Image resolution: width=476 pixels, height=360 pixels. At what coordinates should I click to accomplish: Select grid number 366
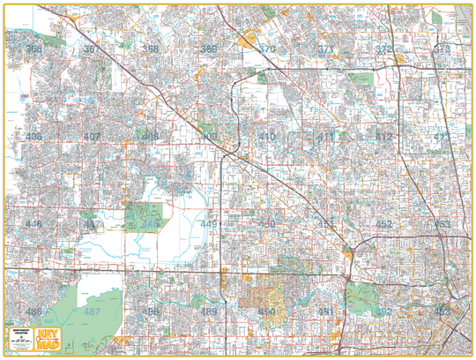tap(33, 49)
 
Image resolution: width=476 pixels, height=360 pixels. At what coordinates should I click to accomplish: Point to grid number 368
tap(151, 49)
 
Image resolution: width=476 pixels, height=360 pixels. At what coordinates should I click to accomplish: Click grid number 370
tap(267, 49)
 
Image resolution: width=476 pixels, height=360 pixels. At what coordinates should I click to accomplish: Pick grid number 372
tap(383, 49)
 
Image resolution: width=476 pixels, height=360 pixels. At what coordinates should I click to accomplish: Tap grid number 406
tap(33, 137)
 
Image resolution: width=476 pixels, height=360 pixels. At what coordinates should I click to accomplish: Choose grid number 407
tap(92, 137)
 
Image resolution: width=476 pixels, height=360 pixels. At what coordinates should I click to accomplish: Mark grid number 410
tap(267, 137)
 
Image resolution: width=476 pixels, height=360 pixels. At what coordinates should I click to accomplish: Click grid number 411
tap(326, 137)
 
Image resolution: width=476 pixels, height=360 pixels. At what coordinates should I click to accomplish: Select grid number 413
tap(442, 137)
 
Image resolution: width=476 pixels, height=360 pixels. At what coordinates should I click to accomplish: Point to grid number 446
tap(33, 224)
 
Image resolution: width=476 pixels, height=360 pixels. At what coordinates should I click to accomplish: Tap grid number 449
tap(209, 224)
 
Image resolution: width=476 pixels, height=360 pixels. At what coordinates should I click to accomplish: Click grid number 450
tap(267, 224)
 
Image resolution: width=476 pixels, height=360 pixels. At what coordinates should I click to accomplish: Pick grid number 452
tap(383, 224)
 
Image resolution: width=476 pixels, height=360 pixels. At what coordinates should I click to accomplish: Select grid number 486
tap(33, 311)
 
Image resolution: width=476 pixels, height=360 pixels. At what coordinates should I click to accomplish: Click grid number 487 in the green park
tap(92, 311)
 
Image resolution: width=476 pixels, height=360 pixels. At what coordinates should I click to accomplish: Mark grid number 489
tap(209, 311)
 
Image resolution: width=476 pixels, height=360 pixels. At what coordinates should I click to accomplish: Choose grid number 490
tap(267, 311)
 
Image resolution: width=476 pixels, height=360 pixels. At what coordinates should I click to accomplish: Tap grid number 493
tap(442, 311)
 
